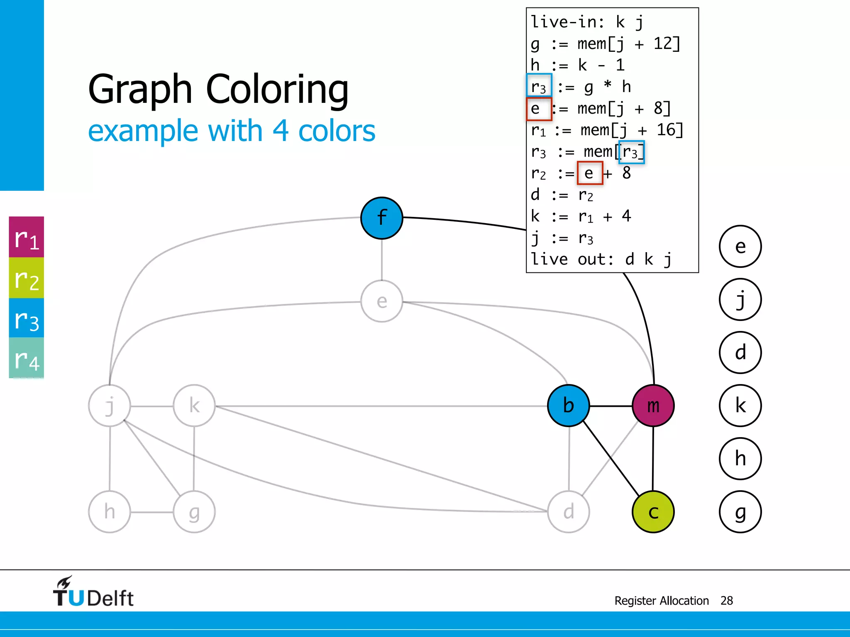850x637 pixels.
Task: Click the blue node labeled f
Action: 381,218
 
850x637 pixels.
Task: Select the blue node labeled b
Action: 568,406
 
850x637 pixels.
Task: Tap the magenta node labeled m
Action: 653,406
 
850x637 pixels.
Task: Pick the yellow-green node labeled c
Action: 653,512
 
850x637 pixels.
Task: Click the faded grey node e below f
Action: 381,301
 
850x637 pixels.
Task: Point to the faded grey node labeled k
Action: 194,406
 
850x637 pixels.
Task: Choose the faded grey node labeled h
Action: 110,512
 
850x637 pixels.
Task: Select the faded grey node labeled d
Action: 568,512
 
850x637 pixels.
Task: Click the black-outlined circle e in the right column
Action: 740,246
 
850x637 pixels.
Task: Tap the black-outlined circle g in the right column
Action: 740,512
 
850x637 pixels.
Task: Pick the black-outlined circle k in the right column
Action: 740,406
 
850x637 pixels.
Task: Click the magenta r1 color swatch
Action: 27,237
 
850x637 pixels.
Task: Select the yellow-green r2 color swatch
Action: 27,278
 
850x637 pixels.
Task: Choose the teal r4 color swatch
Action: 27,358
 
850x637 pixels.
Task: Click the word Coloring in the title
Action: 277,89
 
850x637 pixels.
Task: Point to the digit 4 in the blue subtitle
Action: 281,131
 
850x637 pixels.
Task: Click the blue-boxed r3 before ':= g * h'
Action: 539,86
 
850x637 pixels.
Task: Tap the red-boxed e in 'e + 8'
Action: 589,173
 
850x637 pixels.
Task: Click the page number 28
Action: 726,601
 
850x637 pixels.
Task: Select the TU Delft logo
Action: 93,592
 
